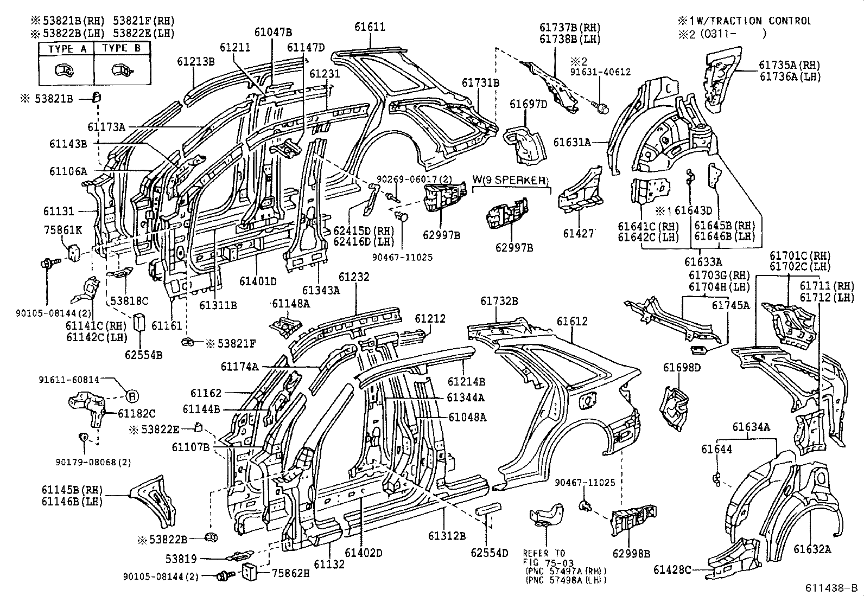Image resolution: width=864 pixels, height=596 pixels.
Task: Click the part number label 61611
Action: [370, 27]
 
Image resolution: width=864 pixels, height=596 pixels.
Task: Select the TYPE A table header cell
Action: [67, 49]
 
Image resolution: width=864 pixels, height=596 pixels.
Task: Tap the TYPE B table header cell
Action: [122, 49]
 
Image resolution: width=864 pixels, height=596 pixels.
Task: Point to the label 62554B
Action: [143, 355]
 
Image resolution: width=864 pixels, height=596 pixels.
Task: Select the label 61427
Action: [579, 233]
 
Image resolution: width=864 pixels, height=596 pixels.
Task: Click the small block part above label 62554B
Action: [140, 321]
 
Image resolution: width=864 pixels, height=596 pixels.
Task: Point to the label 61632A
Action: [812, 549]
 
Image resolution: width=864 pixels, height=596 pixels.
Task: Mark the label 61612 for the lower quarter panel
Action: [571, 321]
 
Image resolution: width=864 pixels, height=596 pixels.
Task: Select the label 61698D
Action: [682, 368]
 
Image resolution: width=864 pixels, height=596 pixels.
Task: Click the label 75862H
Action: [290, 572]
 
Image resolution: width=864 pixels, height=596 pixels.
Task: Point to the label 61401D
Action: [258, 281]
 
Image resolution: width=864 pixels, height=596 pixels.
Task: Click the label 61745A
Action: [730, 305]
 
